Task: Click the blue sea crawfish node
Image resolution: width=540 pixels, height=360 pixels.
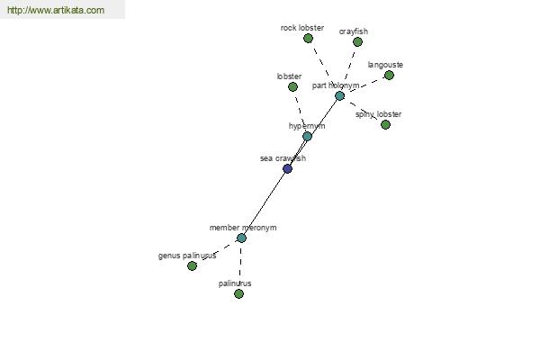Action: (x=288, y=169)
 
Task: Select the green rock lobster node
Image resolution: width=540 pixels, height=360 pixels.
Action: (x=308, y=38)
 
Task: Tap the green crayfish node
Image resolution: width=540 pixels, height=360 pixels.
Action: (x=358, y=42)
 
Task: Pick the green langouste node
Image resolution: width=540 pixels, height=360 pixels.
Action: (x=389, y=75)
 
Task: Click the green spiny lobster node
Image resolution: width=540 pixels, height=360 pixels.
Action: (x=386, y=125)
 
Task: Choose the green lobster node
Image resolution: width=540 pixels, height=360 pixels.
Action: (x=292, y=86)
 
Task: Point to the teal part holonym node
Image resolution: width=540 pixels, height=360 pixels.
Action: (x=339, y=95)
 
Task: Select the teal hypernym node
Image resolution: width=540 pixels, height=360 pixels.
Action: (x=307, y=137)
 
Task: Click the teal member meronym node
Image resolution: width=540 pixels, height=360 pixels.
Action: (x=241, y=238)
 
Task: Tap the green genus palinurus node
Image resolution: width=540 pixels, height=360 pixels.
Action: (x=193, y=266)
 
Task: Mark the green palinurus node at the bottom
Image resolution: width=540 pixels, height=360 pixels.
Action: (x=238, y=294)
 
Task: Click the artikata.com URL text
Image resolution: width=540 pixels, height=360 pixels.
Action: (x=56, y=10)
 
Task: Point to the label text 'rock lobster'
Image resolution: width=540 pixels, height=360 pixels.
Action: (x=302, y=28)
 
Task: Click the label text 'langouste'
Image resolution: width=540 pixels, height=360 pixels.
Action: (x=385, y=65)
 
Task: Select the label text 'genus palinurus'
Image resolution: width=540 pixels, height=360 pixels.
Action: (x=187, y=256)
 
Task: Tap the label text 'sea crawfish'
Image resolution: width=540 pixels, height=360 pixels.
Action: (x=283, y=158)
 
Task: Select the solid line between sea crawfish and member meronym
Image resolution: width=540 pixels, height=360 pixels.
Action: (x=265, y=203)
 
